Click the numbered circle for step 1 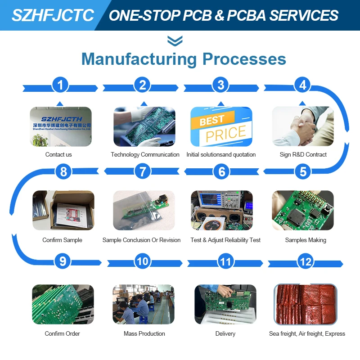[x=60, y=85]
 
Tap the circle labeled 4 [x=303, y=85]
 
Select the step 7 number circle [x=143, y=171]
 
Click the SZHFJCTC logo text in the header [x=53, y=15]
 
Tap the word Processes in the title [x=244, y=59]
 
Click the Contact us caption [x=58, y=155]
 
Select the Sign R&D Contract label [x=303, y=155]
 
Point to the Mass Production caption [x=144, y=334]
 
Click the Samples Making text [x=306, y=240]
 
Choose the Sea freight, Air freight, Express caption [x=307, y=334]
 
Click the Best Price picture [x=221, y=126]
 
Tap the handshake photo [x=303, y=126]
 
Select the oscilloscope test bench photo [x=221, y=210]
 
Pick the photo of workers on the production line [x=143, y=304]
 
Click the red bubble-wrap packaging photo [x=306, y=304]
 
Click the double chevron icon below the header [x=175, y=41]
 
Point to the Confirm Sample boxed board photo [x=63, y=210]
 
